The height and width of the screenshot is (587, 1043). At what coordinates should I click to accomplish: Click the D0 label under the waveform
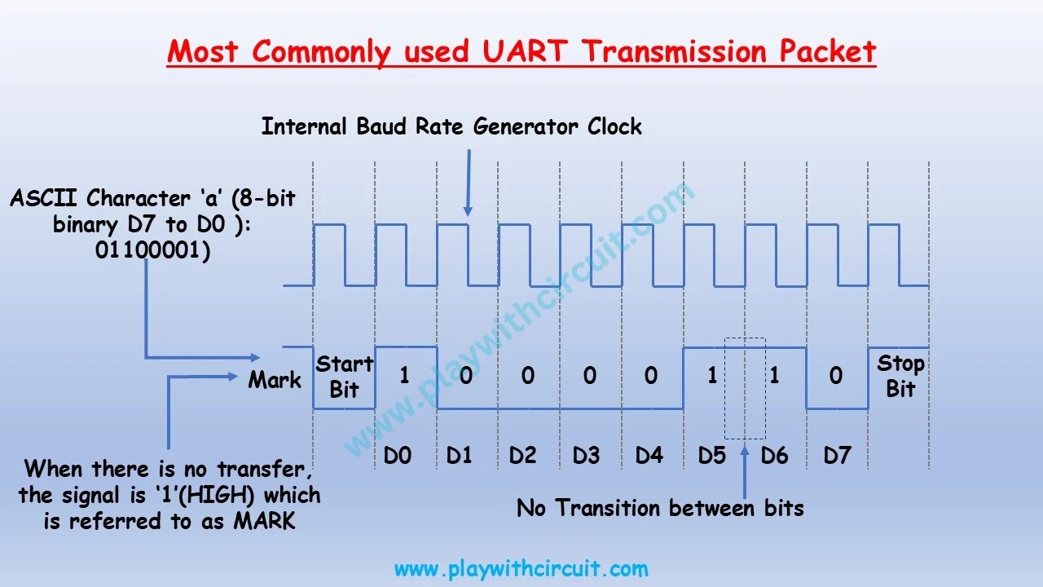[397, 455]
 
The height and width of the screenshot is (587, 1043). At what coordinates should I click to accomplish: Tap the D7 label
[837, 455]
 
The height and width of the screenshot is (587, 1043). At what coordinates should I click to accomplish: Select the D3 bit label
[586, 455]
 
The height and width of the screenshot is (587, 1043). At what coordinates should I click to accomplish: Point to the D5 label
[711, 455]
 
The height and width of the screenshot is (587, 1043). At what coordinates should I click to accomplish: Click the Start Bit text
[345, 377]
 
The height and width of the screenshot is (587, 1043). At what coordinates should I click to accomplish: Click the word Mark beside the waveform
[275, 380]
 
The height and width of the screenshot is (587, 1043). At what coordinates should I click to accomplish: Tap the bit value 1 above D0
[404, 376]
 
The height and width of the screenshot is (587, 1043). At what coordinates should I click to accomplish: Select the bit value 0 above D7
[836, 376]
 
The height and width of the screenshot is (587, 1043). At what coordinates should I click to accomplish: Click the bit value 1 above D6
[775, 376]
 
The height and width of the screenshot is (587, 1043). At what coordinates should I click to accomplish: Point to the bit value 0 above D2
[528, 376]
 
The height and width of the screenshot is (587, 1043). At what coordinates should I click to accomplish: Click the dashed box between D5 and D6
[745, 388]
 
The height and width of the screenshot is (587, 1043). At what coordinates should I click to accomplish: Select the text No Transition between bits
[660, 509]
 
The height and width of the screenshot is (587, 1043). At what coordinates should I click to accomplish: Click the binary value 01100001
[152, 251]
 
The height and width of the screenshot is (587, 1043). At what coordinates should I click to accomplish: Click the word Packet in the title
[827, 51]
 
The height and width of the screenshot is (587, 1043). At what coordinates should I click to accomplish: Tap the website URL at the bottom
[521, 568]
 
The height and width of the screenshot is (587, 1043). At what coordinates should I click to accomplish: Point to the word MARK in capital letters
[264, 522]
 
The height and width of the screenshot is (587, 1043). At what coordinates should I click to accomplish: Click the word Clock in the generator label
[614, 126]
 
